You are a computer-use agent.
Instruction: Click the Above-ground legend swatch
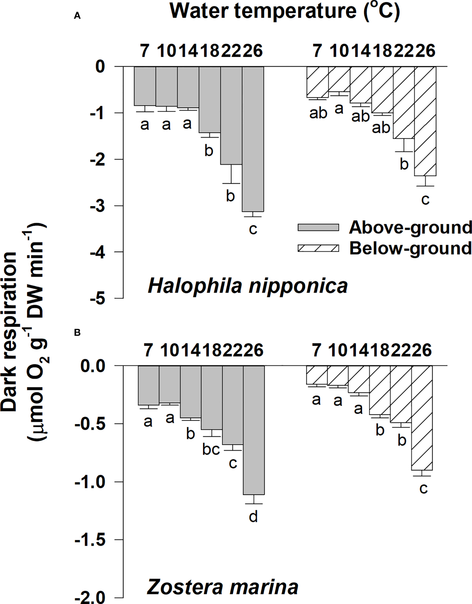coord(318,227)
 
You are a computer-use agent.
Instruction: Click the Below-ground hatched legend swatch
coord(318,248)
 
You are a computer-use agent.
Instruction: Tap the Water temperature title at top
coord(285,12)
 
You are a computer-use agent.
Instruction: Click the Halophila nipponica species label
coord(248,286)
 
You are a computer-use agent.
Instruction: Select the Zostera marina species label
coord(222,587)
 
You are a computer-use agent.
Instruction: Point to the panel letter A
coord(77,16)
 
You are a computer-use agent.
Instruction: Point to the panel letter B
coord(77,333)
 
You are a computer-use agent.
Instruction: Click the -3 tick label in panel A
coord(100,206)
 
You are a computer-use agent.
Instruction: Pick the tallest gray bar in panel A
coord(253,139)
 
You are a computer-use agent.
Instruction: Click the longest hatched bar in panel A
coord(425,121)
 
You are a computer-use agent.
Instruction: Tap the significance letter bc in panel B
coord(211,450)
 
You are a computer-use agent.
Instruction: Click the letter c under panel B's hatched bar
coord(423,488)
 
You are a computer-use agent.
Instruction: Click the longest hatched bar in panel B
coord(422,418)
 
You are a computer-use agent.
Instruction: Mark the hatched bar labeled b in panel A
coord(404,103)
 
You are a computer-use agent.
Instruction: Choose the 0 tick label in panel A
coord(100,67)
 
